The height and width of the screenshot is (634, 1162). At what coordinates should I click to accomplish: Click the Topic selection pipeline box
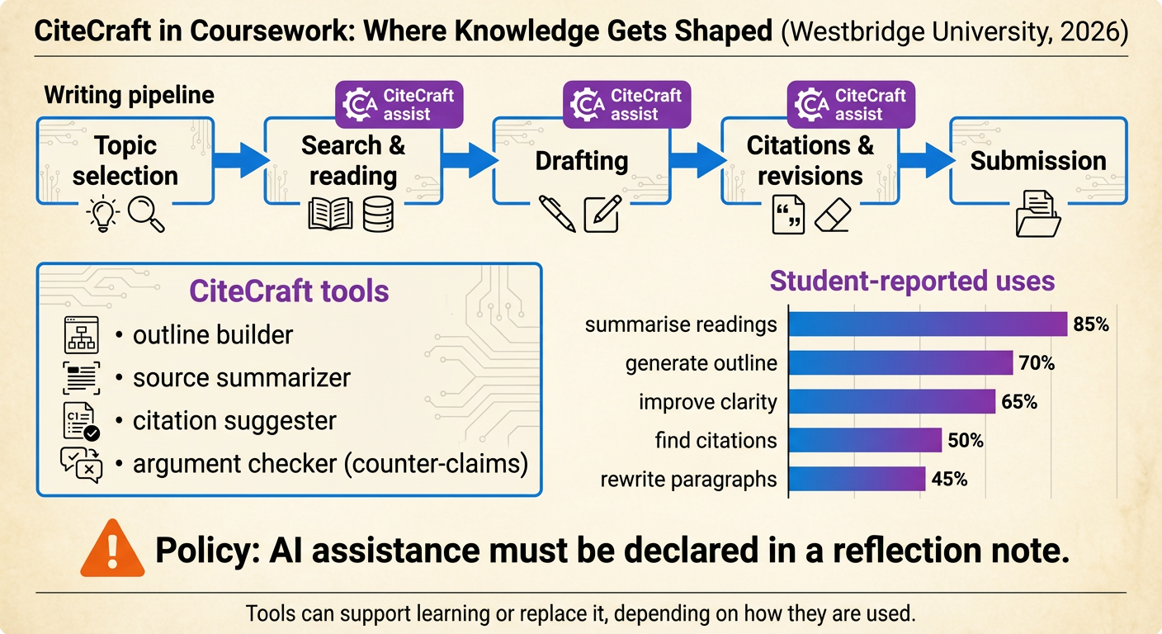[125, 160]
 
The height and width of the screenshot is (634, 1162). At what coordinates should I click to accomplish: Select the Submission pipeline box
[1038, 160]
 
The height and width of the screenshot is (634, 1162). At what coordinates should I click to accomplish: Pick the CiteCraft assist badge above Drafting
[628, 105]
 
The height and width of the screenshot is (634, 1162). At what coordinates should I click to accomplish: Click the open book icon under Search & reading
[330, 214]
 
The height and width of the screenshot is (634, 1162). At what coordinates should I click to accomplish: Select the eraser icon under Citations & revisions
[837, 215]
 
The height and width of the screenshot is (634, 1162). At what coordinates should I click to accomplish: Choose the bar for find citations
[865, 440]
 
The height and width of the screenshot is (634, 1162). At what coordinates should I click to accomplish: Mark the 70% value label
[1037, 362]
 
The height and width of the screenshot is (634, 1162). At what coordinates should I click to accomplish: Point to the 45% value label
[950, 479]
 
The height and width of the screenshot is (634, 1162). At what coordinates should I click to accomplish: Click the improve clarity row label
[708, 402]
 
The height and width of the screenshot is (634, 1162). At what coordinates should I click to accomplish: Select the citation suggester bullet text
[234, 421]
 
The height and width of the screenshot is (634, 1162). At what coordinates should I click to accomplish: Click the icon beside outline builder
[81, 336]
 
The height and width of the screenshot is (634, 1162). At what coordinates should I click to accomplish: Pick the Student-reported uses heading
[912, 281]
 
